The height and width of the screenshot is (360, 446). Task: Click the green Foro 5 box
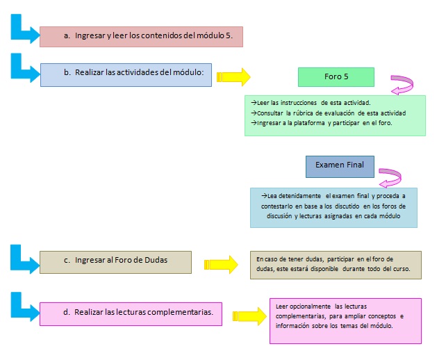click(336, 77)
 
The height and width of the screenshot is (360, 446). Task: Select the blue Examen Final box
click(340, 167)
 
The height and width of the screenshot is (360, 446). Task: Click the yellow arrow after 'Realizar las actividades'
click(233, 77)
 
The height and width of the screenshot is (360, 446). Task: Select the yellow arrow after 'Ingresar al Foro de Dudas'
click(221, 265)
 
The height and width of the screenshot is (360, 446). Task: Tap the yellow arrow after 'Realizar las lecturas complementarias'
click(249, 316)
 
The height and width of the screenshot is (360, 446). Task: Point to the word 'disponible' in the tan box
click(324, 269)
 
